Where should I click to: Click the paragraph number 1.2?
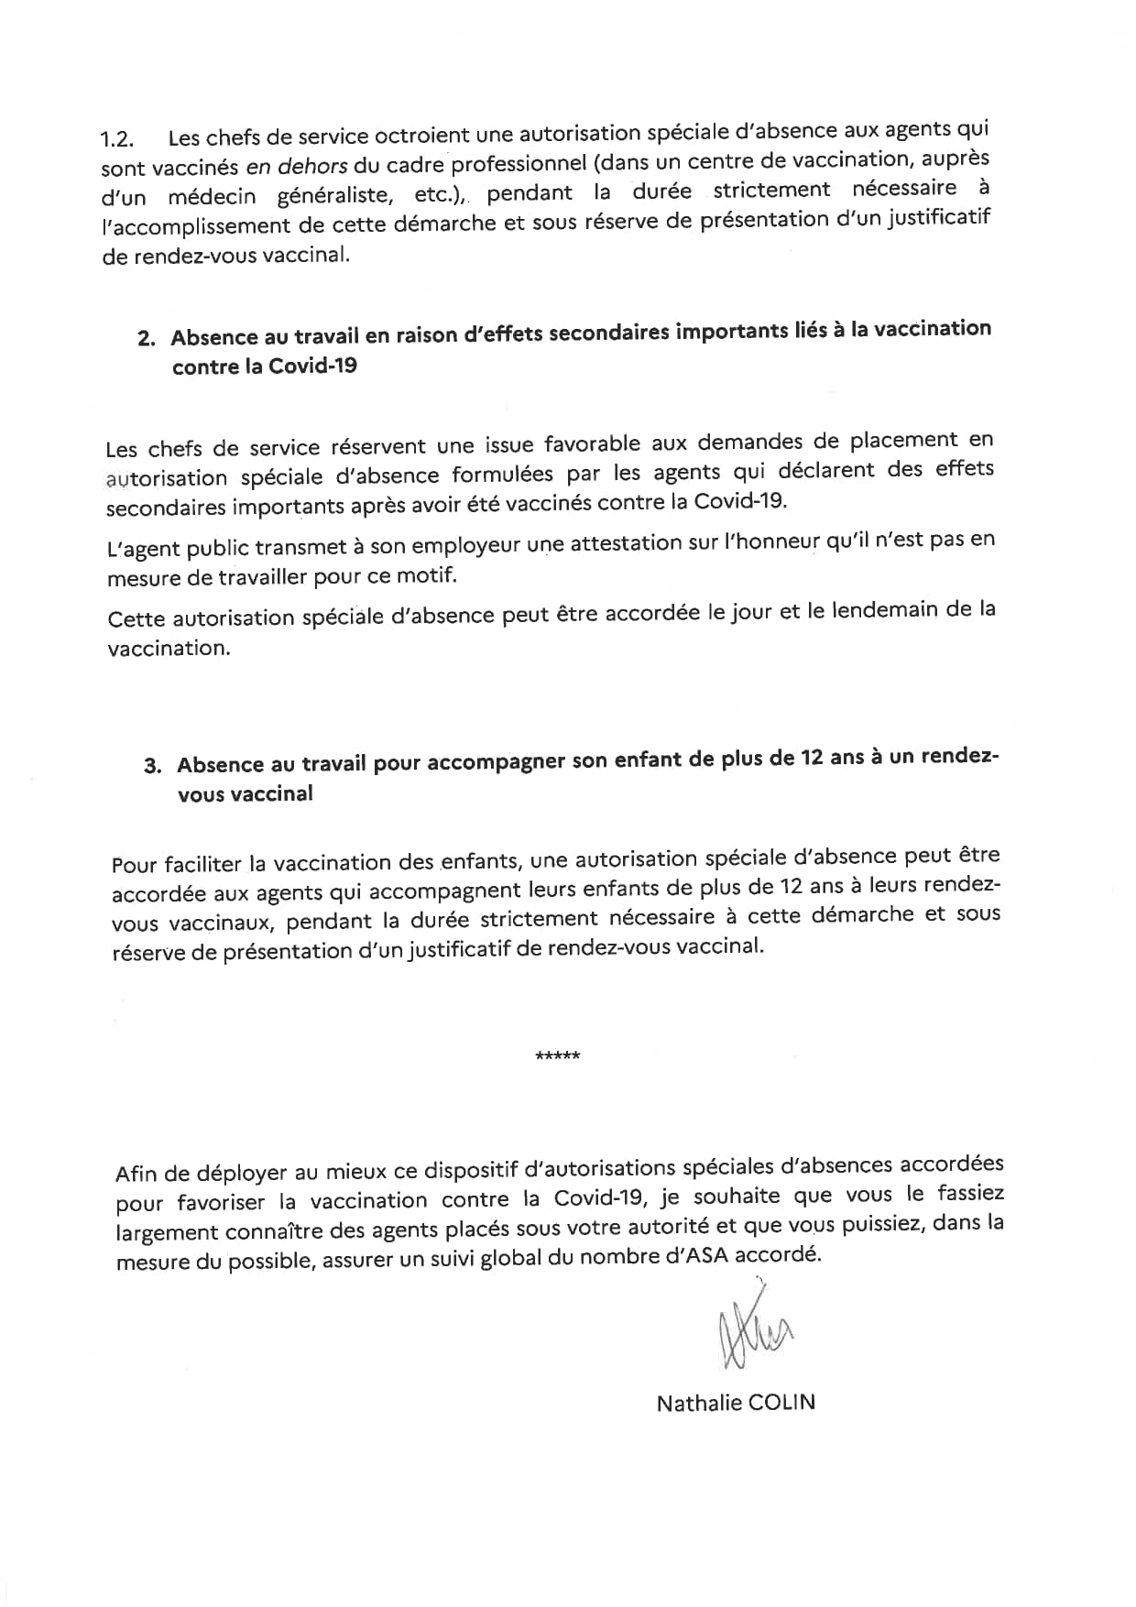117,139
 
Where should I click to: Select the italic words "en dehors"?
296,166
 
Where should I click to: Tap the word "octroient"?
422,136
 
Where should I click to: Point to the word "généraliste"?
337,196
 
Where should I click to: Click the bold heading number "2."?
147,338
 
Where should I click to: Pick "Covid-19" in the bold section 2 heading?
312,366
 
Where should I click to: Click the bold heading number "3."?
153,766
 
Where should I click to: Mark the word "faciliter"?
203,864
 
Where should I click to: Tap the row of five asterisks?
557,1056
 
